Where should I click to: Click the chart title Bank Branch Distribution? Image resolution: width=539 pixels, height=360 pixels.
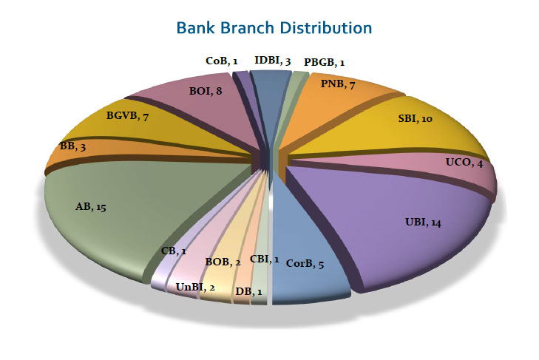point(274,28)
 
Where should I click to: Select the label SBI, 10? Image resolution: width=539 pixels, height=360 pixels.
point(415,118)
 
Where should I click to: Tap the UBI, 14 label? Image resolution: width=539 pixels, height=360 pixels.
point(423,222)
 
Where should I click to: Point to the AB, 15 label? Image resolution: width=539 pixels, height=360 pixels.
point(91,207)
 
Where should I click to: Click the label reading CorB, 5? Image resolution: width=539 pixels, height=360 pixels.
point(305,264)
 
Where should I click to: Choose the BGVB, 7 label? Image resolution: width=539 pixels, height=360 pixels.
point(127,116)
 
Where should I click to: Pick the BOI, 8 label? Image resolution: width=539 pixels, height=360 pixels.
point(206,91)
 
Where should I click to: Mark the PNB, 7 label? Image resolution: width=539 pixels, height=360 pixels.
point(338,84)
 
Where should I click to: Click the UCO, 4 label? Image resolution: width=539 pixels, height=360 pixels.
point(464,163)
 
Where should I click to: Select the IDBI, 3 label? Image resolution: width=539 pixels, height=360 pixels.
point(273,61)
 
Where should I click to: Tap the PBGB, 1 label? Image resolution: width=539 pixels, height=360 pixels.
point(324,62)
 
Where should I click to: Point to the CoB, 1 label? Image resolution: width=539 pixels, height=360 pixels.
point(221,61)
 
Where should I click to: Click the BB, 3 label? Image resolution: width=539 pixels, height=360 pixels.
point(72,146)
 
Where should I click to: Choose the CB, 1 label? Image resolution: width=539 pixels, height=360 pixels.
point(174,251)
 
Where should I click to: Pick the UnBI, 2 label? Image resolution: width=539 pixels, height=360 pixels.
point(195,287)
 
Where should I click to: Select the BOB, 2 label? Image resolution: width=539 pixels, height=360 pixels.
point(223,262)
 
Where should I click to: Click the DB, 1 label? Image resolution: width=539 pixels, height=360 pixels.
point(248,291)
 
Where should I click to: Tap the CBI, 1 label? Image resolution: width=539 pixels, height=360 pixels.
point(264,259)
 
